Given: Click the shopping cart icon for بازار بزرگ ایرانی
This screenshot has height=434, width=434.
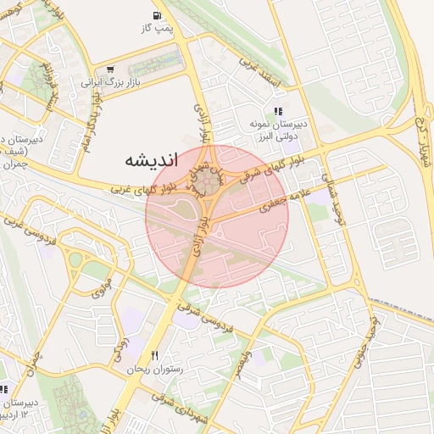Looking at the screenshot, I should (x=109, y=70).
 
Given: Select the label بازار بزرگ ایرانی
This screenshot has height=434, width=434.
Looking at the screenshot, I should (x=108, y=83).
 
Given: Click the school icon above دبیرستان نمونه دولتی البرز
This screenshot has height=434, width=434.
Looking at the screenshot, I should (x=277, y=111).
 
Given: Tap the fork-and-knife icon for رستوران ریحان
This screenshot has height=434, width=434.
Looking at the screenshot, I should (x=154, y=355).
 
